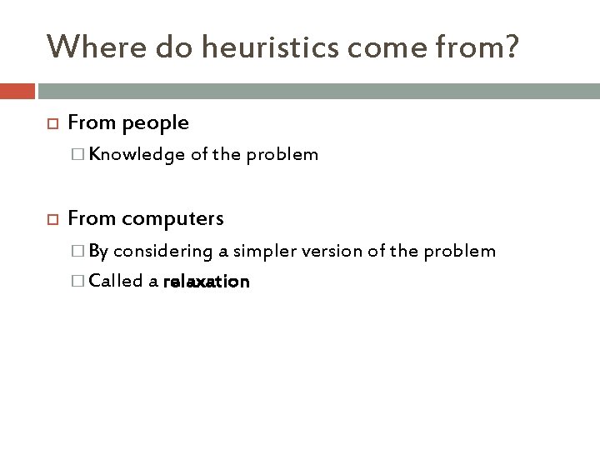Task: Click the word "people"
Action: (x=156, y=123)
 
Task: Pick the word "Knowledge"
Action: (x=132, y=154)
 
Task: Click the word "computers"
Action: (x=172, y=218)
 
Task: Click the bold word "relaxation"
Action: (x=207, y=282)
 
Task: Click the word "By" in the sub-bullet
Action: (x=98, y=251)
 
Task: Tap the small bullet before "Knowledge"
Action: (x=78, y=154)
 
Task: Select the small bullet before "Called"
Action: (x=78, y=282)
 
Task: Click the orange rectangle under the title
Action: (x=17, y=90)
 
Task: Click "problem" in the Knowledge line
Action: (x=287, y=154)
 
